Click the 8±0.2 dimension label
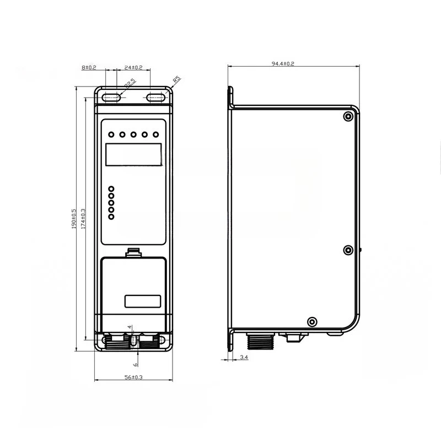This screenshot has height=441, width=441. [89, 67]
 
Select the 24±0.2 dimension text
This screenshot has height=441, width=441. [133, 67]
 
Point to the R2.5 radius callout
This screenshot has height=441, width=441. [130, 84]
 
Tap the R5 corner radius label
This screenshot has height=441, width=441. [176, 79]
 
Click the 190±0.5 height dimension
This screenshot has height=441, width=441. [74, 218]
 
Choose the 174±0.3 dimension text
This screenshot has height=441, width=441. [83, 218]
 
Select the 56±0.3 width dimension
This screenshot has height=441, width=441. [133, 377]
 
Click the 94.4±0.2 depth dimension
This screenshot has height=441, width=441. [283, 63]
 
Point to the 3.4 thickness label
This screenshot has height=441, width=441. [244, 357]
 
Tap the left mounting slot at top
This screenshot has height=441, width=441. [111, 98]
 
